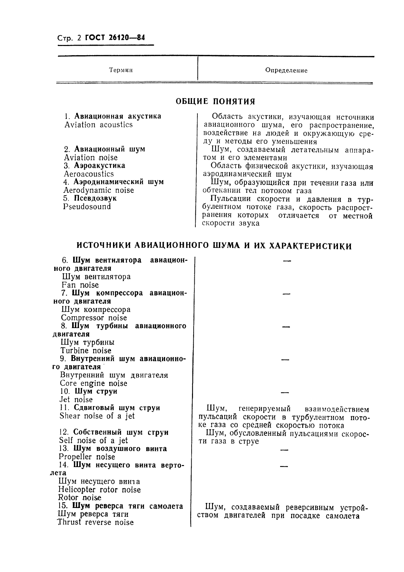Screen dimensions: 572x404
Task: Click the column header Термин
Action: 121,70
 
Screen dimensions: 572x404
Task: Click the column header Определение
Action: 286,71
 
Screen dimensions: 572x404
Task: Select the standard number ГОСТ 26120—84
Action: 115,38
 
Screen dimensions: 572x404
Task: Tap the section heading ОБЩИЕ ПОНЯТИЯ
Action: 215,101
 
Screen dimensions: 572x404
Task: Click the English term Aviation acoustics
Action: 98,125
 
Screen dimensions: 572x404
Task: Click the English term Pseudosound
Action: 87,206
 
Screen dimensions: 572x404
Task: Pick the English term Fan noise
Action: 80,285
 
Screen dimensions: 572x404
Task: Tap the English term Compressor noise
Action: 94,318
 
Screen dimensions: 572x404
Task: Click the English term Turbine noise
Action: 86,351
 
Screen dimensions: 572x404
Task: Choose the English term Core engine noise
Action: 94,383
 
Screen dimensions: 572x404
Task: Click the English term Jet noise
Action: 76,400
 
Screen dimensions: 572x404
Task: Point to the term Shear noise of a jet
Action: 97,416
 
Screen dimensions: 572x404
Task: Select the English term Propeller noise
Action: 87,457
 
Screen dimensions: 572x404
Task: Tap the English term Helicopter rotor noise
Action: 99,490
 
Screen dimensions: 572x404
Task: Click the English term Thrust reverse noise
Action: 96,522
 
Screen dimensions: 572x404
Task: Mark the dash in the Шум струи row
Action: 285,393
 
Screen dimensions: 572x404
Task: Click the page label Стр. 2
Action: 67,38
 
